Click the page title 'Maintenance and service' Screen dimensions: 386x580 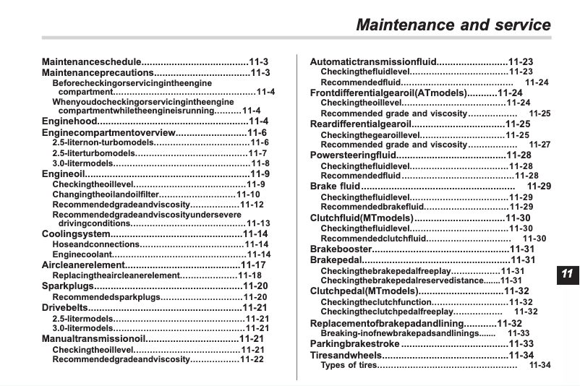[x=453, y=25]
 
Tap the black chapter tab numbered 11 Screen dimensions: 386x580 [x=566, y=273]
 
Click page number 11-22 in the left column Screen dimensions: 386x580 [x=252, y=359]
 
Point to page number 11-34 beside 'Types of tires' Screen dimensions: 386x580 [x=540, y=366]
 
